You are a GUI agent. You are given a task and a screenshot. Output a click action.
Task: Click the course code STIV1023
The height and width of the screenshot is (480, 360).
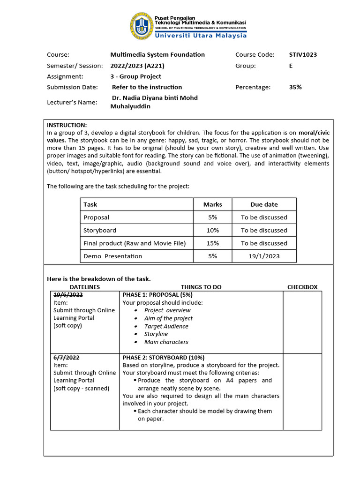(303, 54)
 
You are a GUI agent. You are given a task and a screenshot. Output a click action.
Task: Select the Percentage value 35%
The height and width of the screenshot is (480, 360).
(295, 87)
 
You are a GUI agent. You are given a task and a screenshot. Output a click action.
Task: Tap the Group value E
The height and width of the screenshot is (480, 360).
(291, 66)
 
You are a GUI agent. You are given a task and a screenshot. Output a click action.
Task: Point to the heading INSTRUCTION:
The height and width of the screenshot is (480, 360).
(67, 125)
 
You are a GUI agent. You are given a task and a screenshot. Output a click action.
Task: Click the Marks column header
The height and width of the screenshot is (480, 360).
(213, 204)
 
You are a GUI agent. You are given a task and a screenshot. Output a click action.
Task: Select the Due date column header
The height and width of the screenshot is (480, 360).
(264, 204)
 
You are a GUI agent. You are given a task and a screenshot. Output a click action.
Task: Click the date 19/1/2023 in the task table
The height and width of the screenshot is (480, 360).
(264, 256)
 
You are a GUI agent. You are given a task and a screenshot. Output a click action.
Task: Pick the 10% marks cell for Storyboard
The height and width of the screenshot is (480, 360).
(213, 230)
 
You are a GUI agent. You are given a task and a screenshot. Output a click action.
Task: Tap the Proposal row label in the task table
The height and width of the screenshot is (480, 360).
(96, 217)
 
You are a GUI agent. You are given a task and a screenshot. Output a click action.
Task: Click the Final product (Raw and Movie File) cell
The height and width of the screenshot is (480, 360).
(135, 243)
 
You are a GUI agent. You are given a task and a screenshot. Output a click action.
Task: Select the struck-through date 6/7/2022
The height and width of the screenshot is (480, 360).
(67, 357)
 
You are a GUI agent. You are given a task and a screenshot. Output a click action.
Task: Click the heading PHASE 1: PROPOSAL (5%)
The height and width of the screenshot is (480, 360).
(157, 295)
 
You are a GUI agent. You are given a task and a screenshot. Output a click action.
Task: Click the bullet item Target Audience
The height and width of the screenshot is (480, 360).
(166, 326)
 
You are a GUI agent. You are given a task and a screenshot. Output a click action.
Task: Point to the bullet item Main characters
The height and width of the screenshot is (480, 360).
(166, 342)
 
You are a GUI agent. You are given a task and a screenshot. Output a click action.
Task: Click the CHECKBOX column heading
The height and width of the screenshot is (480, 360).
(302, 287)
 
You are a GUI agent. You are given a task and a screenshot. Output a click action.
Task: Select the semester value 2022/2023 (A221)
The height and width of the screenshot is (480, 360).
(137, 66)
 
